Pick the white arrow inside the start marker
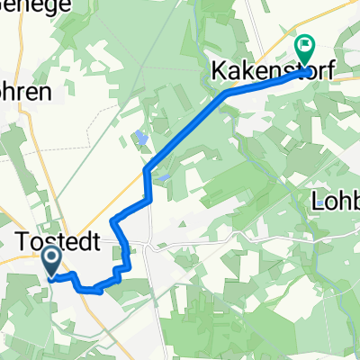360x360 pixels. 50,261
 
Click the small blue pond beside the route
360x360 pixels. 140,139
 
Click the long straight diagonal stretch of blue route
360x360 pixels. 184,128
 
